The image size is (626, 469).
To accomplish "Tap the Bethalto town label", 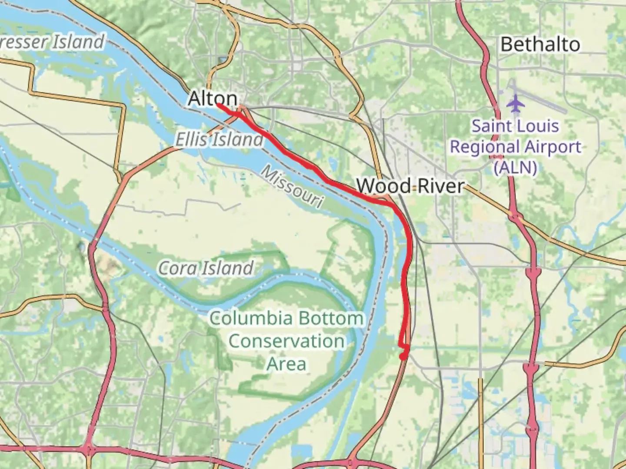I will (x=540, y=44).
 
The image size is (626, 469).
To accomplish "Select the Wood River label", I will (x=410, y=186).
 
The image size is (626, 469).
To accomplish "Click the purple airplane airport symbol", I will (x=516, y=103).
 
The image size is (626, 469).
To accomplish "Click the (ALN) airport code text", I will (x=515, y=167).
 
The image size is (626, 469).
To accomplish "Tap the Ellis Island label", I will (x=219, y=140).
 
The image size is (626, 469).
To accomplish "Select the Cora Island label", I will (x=206, y=268).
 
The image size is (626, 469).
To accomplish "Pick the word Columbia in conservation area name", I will (x=251, y=318).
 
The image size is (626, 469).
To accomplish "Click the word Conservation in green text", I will (x=286, y=341).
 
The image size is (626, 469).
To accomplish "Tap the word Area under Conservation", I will (x=286, y=363).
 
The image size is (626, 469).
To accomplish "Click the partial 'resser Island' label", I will (x=52, y=42).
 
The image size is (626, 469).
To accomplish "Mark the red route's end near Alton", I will (x=217, y=105).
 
